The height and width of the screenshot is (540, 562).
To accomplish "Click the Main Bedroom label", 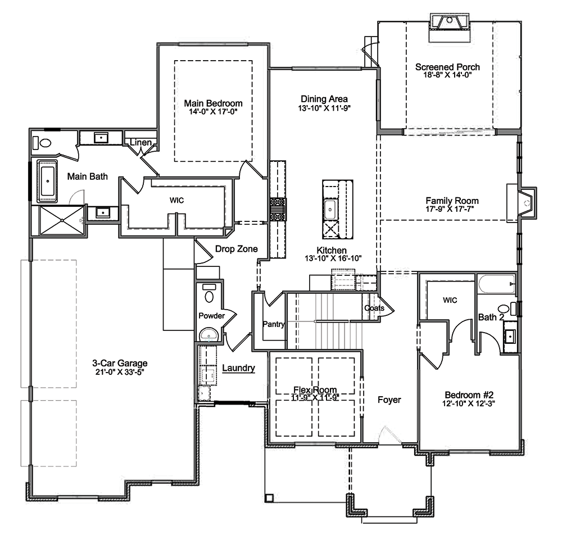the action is pos(213,103).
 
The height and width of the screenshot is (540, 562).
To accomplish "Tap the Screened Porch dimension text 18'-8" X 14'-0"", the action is pos(447,75).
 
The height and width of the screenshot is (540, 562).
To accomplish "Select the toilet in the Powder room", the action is pos(209,294).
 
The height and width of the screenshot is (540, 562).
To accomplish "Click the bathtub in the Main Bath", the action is pos(47,181).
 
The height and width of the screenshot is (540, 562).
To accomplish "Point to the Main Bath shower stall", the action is pos(62,220).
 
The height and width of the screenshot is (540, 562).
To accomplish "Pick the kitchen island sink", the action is pos(330,209).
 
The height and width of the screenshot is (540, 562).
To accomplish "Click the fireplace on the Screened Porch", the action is pos(450,28).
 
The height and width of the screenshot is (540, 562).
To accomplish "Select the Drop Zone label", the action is pos(236,249).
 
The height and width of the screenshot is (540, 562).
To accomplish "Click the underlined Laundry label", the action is pos(238,368).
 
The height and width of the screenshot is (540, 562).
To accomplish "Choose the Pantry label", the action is pos(274,324).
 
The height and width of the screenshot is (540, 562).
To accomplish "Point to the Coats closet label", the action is pos(374,308).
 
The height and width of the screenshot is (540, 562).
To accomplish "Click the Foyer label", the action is pos(389,400).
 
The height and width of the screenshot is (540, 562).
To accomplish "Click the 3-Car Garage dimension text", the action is pos(120,372).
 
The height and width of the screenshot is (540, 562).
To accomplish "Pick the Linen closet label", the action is pos(141,142).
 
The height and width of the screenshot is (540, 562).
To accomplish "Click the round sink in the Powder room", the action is pos(209,335).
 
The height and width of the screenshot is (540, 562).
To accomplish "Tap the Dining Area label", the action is pos(324,99).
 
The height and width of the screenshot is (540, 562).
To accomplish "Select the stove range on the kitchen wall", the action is pos(278,209).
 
